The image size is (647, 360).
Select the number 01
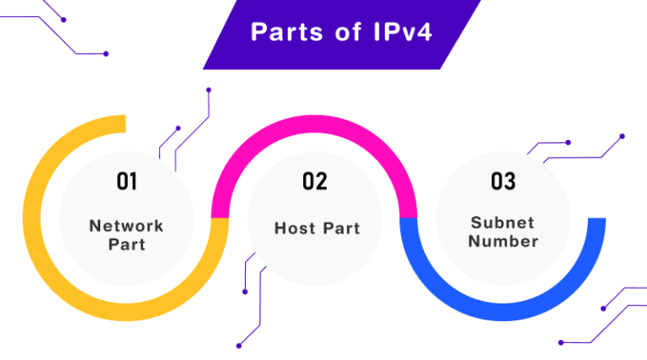pos(126,181)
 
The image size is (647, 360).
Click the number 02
pos(314,181)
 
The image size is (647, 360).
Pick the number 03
pos(503,181)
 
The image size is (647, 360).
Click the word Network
pos(126,226)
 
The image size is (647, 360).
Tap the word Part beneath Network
pos(126,244)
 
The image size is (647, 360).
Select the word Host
pos(294,228)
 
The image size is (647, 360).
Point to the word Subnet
pos(503,223)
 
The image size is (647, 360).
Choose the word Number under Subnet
pos(503,241)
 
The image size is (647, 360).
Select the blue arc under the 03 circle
pos(503,312)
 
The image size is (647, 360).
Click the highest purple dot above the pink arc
pos(208,89)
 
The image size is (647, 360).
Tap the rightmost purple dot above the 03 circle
pos(622,136)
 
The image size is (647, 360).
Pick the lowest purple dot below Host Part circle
pos(238,345)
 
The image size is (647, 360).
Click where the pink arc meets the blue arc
pos(408,218)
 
